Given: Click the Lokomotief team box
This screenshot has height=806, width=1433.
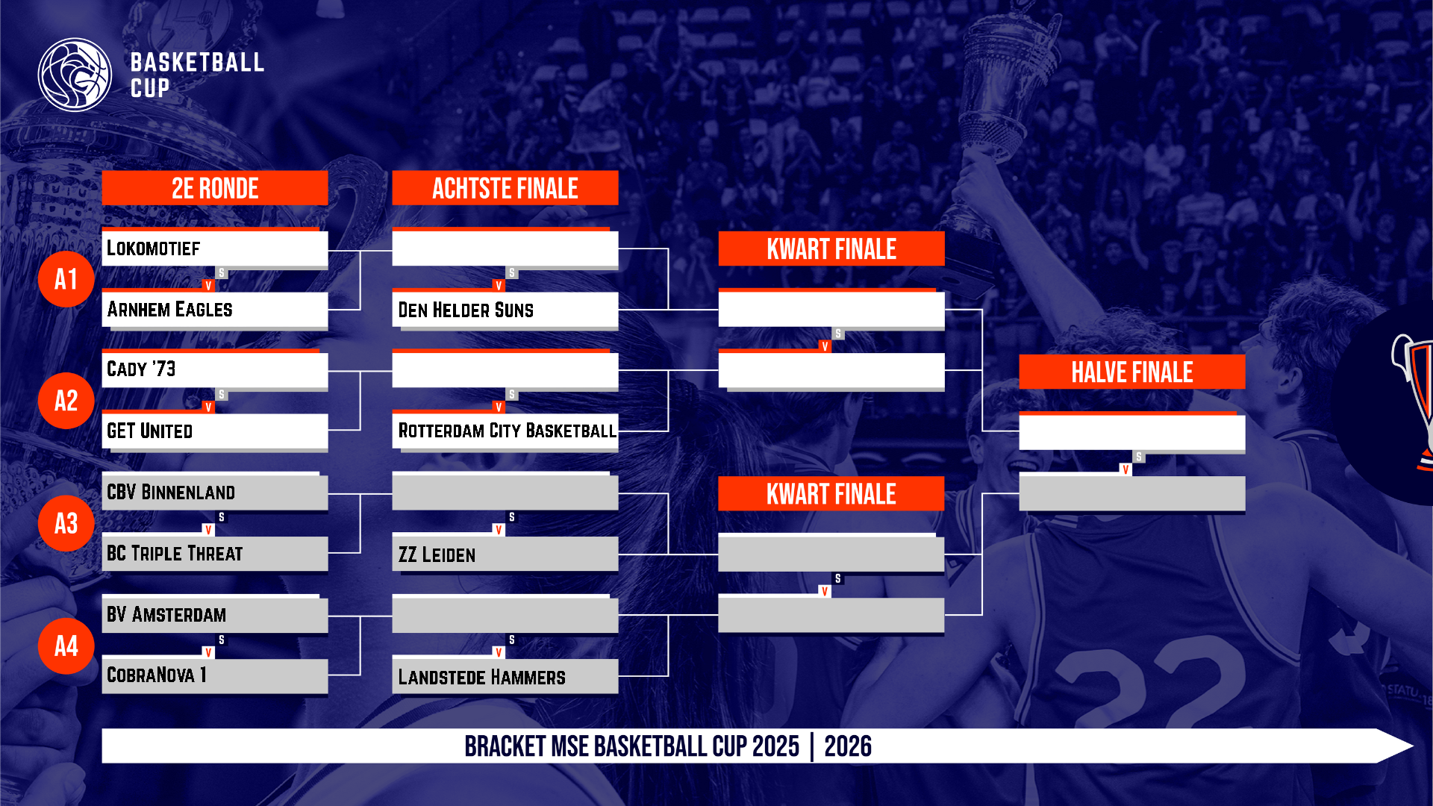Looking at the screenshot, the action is click(x=215, y=249).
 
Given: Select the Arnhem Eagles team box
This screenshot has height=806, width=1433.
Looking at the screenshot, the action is click(x=215, y=310).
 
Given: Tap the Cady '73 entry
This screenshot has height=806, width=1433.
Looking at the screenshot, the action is click(x=215, y=370).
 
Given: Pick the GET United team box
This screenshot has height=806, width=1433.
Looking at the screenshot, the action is click(x=215, y=431).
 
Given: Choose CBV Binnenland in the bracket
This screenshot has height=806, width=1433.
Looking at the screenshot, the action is click(x=215, y=493).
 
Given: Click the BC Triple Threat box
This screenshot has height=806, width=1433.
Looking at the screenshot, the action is click(x=215, y=554).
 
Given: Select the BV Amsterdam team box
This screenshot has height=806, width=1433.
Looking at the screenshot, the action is click(x=215, y=615).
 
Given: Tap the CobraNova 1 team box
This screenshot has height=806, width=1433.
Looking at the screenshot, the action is click(x=215, y=676).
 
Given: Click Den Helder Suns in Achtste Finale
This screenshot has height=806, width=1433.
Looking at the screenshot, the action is click(x=505, y=310).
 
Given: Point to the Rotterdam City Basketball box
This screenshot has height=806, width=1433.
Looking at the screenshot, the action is click(x=505, y=431).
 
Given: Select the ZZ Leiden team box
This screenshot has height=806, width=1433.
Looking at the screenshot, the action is click(x=505, y=554).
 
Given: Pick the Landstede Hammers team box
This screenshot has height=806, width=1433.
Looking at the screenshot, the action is click(x=505, y=676).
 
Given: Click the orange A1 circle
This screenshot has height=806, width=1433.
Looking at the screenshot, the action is click(x=66, y=279).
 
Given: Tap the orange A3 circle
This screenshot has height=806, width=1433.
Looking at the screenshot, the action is click(x=66, y=523).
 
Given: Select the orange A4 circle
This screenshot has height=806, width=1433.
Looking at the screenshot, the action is click(x=66, y=646).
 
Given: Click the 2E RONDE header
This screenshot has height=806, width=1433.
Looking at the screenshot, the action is click(x=215, y=188).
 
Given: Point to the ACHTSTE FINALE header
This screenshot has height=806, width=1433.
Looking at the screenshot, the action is click(x=505, y=188).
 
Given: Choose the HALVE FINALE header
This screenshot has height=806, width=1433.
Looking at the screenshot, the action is click(x=1132, y=372).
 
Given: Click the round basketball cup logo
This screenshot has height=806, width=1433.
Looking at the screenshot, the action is click(x=75, y=75).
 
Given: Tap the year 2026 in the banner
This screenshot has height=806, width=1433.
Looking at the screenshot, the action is click(x=848, y=746).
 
